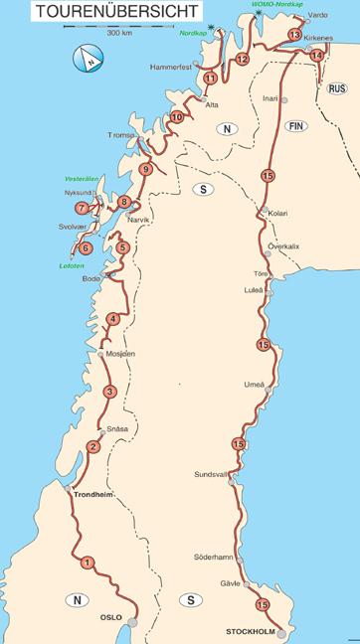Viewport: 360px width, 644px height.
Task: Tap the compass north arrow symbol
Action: pyautogui.click(x=88, y=61)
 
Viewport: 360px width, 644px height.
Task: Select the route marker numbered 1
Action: pyautogui.click(x=89, y=563)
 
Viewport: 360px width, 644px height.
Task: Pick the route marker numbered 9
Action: pyautogui.click(x=146, y=170)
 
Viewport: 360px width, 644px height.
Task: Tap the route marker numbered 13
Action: pyautogui.click(x=293, y=35)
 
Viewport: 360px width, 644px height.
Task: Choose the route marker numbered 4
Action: pyautogui.click(x=113, y=319)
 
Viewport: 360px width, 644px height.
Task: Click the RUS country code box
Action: pyautogui.click(x=336, y=87)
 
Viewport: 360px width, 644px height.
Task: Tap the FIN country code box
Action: pyautogui.click(x=292, y=126)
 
